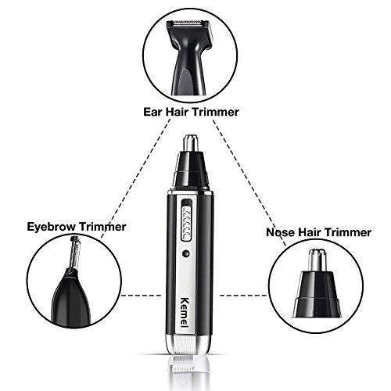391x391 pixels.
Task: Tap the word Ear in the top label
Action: [154, 112]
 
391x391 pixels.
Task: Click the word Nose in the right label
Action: [280, 232]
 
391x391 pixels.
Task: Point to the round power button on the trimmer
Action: [186, 253]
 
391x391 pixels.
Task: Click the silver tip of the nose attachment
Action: [317, 260]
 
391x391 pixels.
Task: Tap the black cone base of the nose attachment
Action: [317, 295]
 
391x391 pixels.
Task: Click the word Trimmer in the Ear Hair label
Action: [215, 112]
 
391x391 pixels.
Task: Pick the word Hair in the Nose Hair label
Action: [309, 232]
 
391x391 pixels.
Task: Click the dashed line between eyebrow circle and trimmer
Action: [141, 296]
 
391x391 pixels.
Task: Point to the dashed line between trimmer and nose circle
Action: [243, 296]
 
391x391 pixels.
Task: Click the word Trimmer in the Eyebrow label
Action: [102, 227]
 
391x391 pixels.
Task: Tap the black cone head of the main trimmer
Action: [191, 170]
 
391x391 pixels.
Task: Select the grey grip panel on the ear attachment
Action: [186, 81]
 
